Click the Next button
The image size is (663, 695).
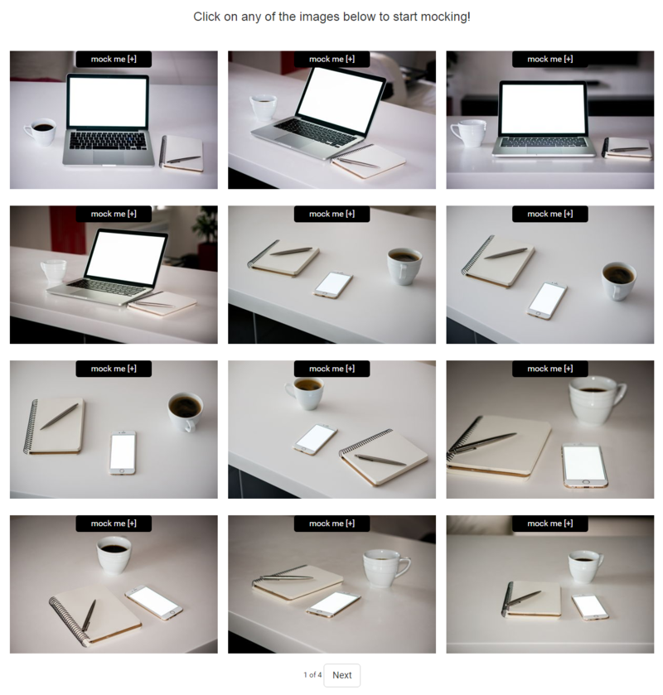tap(341, 675)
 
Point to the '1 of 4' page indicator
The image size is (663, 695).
tap(312, 675)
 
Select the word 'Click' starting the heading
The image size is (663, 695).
tap(206, 17)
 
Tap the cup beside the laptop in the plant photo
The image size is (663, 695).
tap(54, 270)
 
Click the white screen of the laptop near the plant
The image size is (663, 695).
tap(125, 257)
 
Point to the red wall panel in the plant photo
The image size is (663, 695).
tap(66, 230)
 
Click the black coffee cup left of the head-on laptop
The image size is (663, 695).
tap(41, 132)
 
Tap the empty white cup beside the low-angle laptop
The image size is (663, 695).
tap(468, 133)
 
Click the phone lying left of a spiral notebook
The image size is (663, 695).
tap(315, 439)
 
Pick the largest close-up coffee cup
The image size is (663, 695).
tap(597, 400)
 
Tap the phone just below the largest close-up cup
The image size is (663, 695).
tap(584, 465)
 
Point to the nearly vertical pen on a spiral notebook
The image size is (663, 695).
tap(89, 615)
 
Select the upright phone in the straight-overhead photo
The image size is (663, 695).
tap(123, 452)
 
